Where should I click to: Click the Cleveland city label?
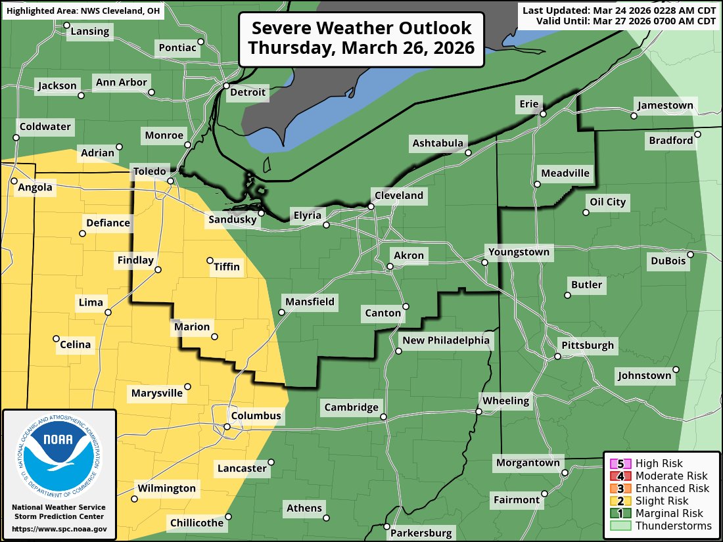(x=399, y=195)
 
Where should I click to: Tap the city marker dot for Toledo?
(x=170, y=181)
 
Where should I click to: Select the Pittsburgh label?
(x=587, y=345)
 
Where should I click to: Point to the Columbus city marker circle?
(x=227, y=427)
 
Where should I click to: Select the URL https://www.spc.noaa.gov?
(x=59, y=529)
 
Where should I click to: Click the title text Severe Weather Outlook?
(x=361, y=28)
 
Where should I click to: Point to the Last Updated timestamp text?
(x=618, y=10)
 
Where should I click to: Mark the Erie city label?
(x=528, y=104)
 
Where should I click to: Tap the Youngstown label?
(x=518, y=252)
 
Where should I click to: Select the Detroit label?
(x=248, y=92)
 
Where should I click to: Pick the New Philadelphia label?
(x=446, y=340)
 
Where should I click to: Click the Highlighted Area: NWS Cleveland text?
(x=82, y=11)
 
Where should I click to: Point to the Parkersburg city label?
(x=421, y=533)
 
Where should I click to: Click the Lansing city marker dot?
(x=66, y=26)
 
